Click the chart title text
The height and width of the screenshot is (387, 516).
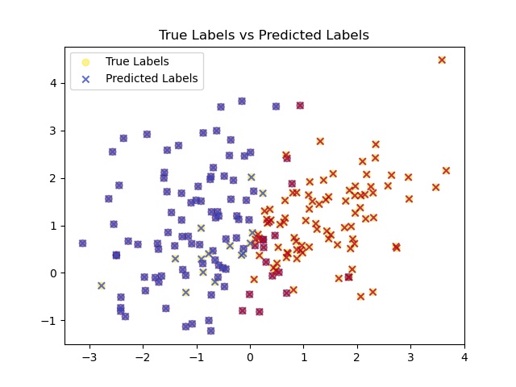pyautogui.click(x=264, y=35)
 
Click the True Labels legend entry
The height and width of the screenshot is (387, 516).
pyautogui.click(x=137, y=61)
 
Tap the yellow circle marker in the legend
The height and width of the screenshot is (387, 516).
pyautogui.click(x=86, y=61)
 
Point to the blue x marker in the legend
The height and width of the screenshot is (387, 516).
pyautogui.click(x=86, y=79)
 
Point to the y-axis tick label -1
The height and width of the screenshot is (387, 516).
pyautogui.click(x=51, y=321)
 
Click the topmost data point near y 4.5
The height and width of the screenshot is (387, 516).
pyautogui.click(x=442, y=60)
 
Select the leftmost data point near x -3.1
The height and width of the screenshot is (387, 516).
pyautogui.click(x=82, y=243)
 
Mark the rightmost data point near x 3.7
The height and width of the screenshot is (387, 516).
pyautogui.click(x=446, y=170)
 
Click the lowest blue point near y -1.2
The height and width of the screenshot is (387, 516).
pyautogui.click(x=210, y=331)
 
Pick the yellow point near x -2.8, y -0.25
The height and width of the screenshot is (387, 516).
pyautogui.click(x=102, y=285)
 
